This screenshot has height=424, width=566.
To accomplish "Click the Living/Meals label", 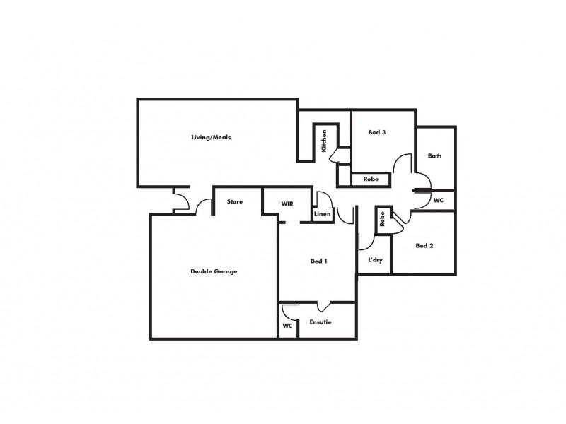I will point(211,137).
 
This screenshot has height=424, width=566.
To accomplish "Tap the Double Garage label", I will point(214,271).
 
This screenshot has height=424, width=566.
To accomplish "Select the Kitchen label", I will point(324,141).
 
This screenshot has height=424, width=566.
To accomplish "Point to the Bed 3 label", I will point(376,132).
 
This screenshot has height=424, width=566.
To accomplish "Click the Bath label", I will point(434,155).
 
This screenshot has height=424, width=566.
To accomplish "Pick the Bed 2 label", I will point(424,246).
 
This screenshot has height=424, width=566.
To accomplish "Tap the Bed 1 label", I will point(318,261).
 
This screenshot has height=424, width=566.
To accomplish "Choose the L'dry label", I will point(375,260).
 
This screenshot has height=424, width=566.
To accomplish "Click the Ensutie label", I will point(320,322).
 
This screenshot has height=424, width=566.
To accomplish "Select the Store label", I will point(235,202).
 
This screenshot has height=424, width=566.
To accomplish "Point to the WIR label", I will point(287,204).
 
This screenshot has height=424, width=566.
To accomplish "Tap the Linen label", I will point(323,213).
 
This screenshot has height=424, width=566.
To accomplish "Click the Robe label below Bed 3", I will point(371,179).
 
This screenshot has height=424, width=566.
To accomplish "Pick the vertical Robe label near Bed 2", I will point(382,220).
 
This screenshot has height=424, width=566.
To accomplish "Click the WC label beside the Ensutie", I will point(287,326).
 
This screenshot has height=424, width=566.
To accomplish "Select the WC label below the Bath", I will point(438,201).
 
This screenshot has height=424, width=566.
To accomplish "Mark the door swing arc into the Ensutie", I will point(323,307).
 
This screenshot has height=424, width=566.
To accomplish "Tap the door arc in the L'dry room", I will point(367,242).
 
